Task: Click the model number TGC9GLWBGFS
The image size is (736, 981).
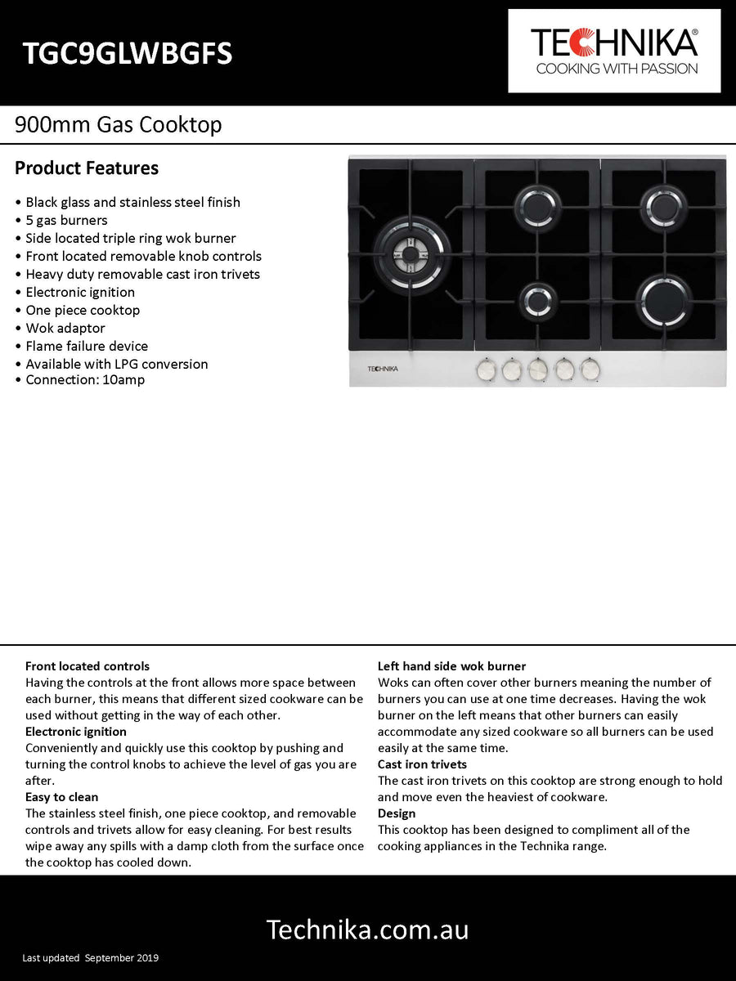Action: click(128, 53)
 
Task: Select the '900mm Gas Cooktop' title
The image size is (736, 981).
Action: click(119, 125)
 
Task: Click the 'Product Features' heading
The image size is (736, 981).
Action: click(87, 168)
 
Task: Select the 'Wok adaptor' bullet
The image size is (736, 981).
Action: click(65, 328)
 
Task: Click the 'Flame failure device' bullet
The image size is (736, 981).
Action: click(87, 346)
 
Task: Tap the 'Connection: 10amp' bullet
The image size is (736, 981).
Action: click(84, 380)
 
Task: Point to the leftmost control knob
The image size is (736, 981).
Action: click(487, 370)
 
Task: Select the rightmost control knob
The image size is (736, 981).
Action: click(590, 370)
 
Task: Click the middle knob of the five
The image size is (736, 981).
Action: click(538, 370)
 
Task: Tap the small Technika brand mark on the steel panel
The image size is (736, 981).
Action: click(382, 369)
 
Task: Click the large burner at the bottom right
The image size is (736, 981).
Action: click(664, 299)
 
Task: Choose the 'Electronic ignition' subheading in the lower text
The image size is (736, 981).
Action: click(76, 732)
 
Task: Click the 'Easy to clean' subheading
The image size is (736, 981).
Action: click(61, 797)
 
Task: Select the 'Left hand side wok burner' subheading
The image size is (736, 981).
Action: click(451, 666)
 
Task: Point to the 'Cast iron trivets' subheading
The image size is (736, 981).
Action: click(422, 764)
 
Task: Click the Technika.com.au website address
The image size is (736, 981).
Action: click(368, 929)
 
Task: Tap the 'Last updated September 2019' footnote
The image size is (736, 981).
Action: click(91, 958)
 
